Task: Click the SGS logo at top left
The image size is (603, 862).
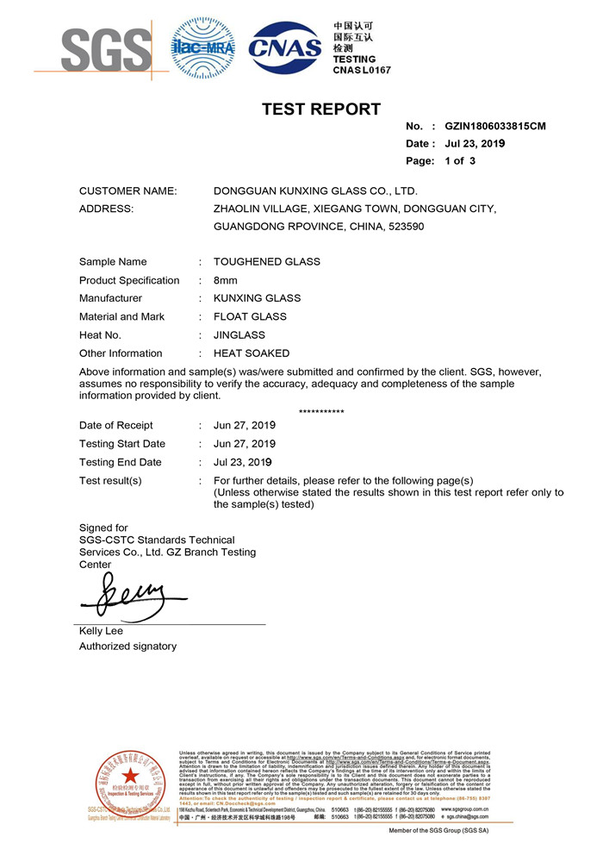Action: [95, 49]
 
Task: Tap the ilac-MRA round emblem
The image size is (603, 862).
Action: [202, 48]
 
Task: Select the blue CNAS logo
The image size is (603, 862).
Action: [285, 48]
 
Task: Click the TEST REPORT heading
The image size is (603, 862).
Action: [321, 109]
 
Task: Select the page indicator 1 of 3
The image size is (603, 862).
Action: [460, 160]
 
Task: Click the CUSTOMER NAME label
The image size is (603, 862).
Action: [128, 191]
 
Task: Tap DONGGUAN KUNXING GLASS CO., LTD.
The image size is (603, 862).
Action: [315, 191]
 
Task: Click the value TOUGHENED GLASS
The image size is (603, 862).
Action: [267, 261]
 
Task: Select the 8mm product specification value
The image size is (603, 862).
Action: [226, 280]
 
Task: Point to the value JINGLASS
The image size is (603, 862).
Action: [239, 334]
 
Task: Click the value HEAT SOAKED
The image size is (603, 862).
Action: [252, 353]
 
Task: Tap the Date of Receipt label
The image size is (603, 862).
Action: [116, 425]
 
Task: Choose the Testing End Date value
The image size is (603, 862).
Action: [245, 462]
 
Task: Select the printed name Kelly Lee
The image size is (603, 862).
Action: [101, 631]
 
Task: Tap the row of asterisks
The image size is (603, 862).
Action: [321, 412]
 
